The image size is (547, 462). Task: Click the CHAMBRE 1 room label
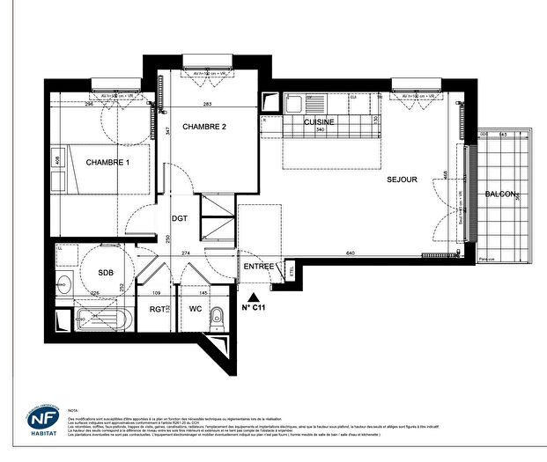(x=107, y=162)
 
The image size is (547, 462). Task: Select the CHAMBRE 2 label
(x=204, y=127)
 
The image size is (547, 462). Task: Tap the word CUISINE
(x=319, y=121)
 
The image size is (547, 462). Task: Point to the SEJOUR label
(x=402, y=180)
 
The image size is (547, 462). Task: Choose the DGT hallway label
(x=179, y=218)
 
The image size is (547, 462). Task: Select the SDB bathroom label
(x=105, y=272)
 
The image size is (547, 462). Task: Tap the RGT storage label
(x=157, y=309)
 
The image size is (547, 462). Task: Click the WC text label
(x=196, y=309)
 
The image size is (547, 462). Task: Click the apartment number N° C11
(x=254, y=308)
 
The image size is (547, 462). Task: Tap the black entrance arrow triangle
(x=254, y=297)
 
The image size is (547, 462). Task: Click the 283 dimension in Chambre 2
(x=207, y=105)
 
